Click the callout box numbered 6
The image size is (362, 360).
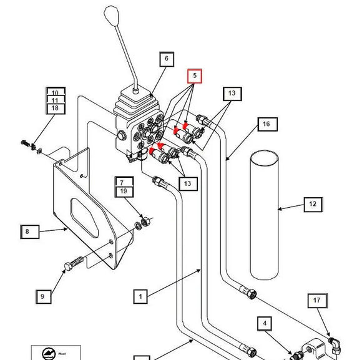[x=166, y=60]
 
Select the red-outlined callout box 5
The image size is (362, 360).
[x=195, y=75]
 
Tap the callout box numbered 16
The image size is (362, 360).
[x=266, y=124]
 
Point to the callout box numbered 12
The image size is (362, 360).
[x=313, y=203]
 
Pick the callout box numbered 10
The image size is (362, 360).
[x=56, y=93]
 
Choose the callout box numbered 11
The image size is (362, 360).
[x=56, y=100]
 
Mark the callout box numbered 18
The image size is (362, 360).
[x=56, y=109]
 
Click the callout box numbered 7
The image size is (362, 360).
[x=123, y=182]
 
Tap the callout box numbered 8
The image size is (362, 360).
[x=27, y=231]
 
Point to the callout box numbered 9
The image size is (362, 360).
[x=42, y=296]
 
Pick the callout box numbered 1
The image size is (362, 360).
[x=141, y=296]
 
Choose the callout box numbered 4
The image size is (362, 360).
[x=265, y=324]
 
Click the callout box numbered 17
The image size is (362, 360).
[x=316, y=300]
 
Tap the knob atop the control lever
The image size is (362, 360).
[x=112, y=14]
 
